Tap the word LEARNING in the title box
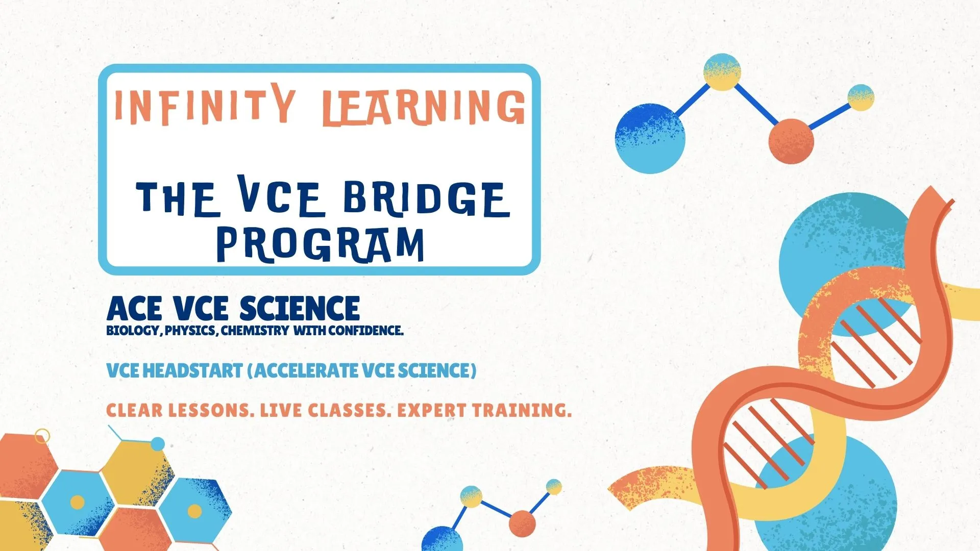pos(424,107)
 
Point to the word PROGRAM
pos(321,244)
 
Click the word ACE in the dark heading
pos(135,309)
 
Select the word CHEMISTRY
pos(255,331)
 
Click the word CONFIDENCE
pos(366,331)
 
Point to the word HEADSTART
pos(192,370)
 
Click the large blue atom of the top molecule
pos(650,138)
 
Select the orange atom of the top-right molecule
pos(791,141)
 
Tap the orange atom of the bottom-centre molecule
pos(522,523)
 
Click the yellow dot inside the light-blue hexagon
pos(78,503)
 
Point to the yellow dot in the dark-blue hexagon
pos(195,511)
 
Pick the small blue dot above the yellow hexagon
pos(158,444)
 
